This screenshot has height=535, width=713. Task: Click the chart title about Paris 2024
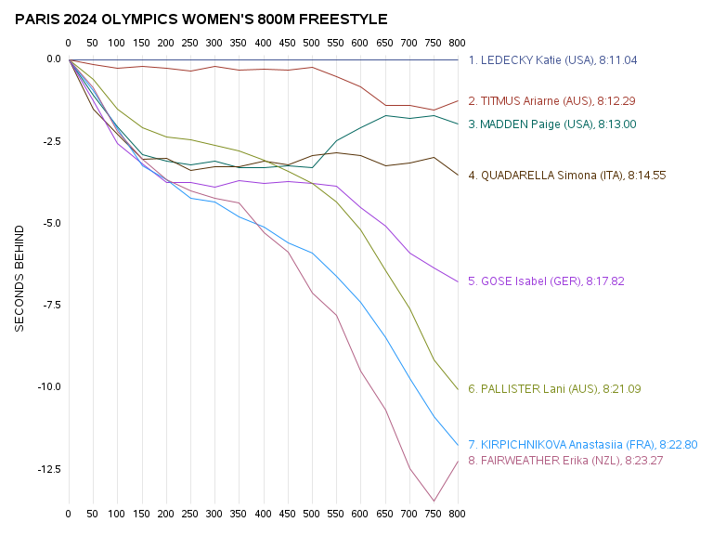pyautogui.click(x=201, y=20)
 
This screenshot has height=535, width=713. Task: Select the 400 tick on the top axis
pyautogui.click(x=263, y=44)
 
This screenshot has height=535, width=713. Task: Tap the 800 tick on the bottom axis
pyautogui.click(x=457, y=513)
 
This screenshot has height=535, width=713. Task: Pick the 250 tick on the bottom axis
pyautogui.click(x=190, y=513)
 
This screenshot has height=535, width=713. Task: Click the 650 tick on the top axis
pyautogui.click(x=384, y=44)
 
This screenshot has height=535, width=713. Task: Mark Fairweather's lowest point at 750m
pyautogui.click(x=434, y=502)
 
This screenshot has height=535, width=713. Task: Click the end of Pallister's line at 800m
pyautogui.click(x=458, y=390)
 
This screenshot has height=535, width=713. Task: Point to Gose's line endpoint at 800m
pyautogui.click(x=458, y=281)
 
